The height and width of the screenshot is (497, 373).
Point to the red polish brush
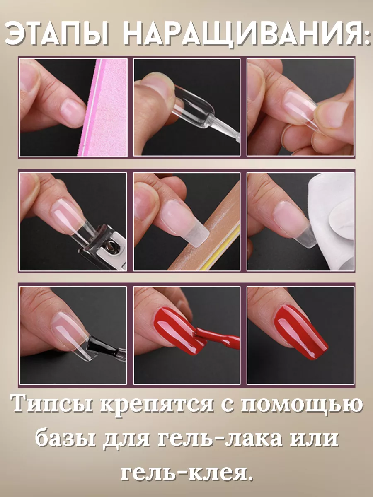coord(217,338)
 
